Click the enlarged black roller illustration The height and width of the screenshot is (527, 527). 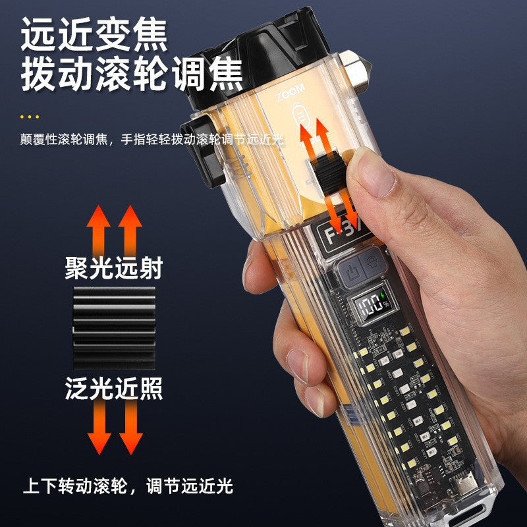click(x=113, y=327)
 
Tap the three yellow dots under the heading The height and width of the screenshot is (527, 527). click(x=30, y=117)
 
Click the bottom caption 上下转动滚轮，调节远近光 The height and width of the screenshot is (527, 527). click(x=128, y=487)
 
